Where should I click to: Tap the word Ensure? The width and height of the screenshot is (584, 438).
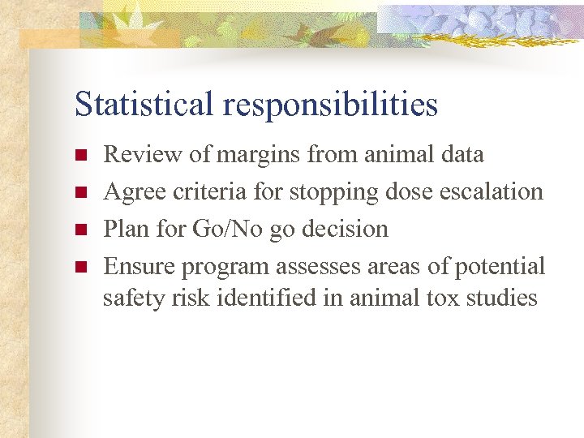tap(140, 266)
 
